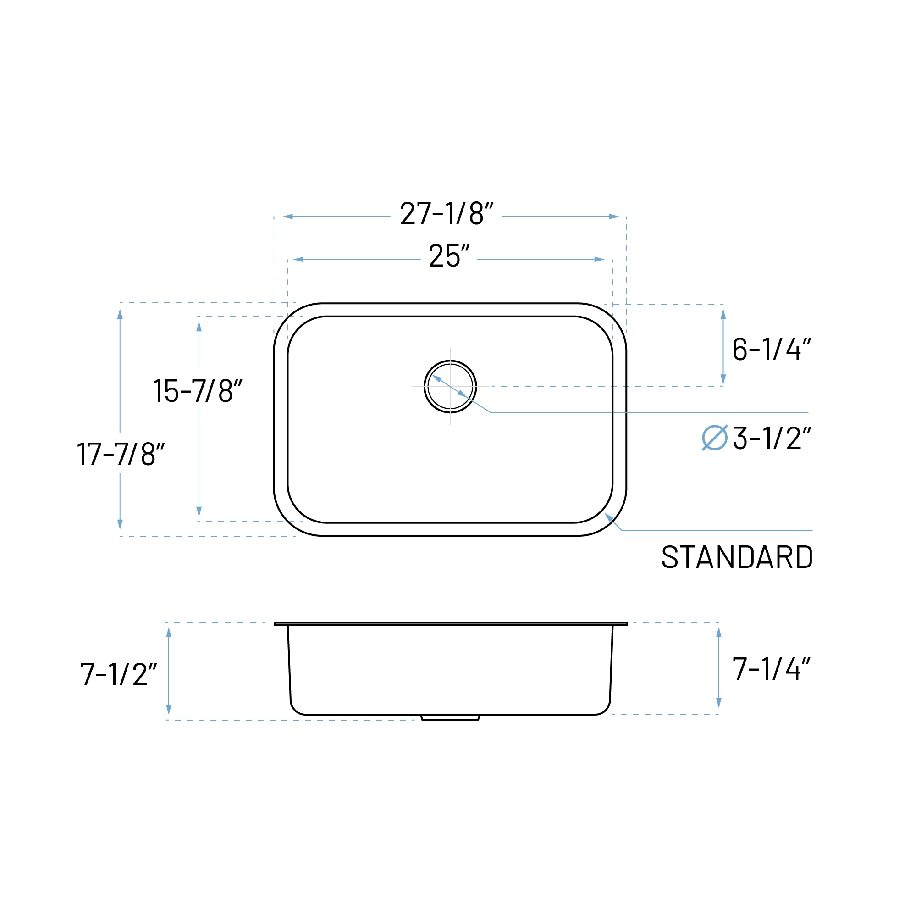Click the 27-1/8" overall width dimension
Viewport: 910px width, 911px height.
coord(446,214)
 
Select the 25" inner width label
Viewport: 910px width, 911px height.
coord(449,256)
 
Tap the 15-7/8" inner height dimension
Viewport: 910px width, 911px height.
coord(197,390)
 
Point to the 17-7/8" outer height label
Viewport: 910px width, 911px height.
coord(121,454)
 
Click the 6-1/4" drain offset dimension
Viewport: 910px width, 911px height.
coord(771,349)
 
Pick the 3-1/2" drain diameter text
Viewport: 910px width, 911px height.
coord(772,438)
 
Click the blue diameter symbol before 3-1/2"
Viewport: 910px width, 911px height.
coord(714,438)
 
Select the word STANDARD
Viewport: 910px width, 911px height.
coord(737,557)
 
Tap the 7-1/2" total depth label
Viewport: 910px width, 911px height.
coord(118,674)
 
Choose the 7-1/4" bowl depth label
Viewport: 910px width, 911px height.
coord(771,669)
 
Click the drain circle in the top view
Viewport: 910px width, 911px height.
coord(450,387)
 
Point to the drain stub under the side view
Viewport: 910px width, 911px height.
coord(450,718)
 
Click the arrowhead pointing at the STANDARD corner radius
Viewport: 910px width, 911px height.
coord(608,517)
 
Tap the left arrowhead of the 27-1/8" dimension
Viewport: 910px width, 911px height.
coord(288,217)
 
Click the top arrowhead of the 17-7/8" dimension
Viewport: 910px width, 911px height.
coord(120,314)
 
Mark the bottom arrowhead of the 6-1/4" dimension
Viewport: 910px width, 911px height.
coord(723,379)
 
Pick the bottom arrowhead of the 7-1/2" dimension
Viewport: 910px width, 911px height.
coord(169,709)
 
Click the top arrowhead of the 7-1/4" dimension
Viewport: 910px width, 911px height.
coord(719,632)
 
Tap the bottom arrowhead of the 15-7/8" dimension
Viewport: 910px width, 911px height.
coord(199,511)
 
